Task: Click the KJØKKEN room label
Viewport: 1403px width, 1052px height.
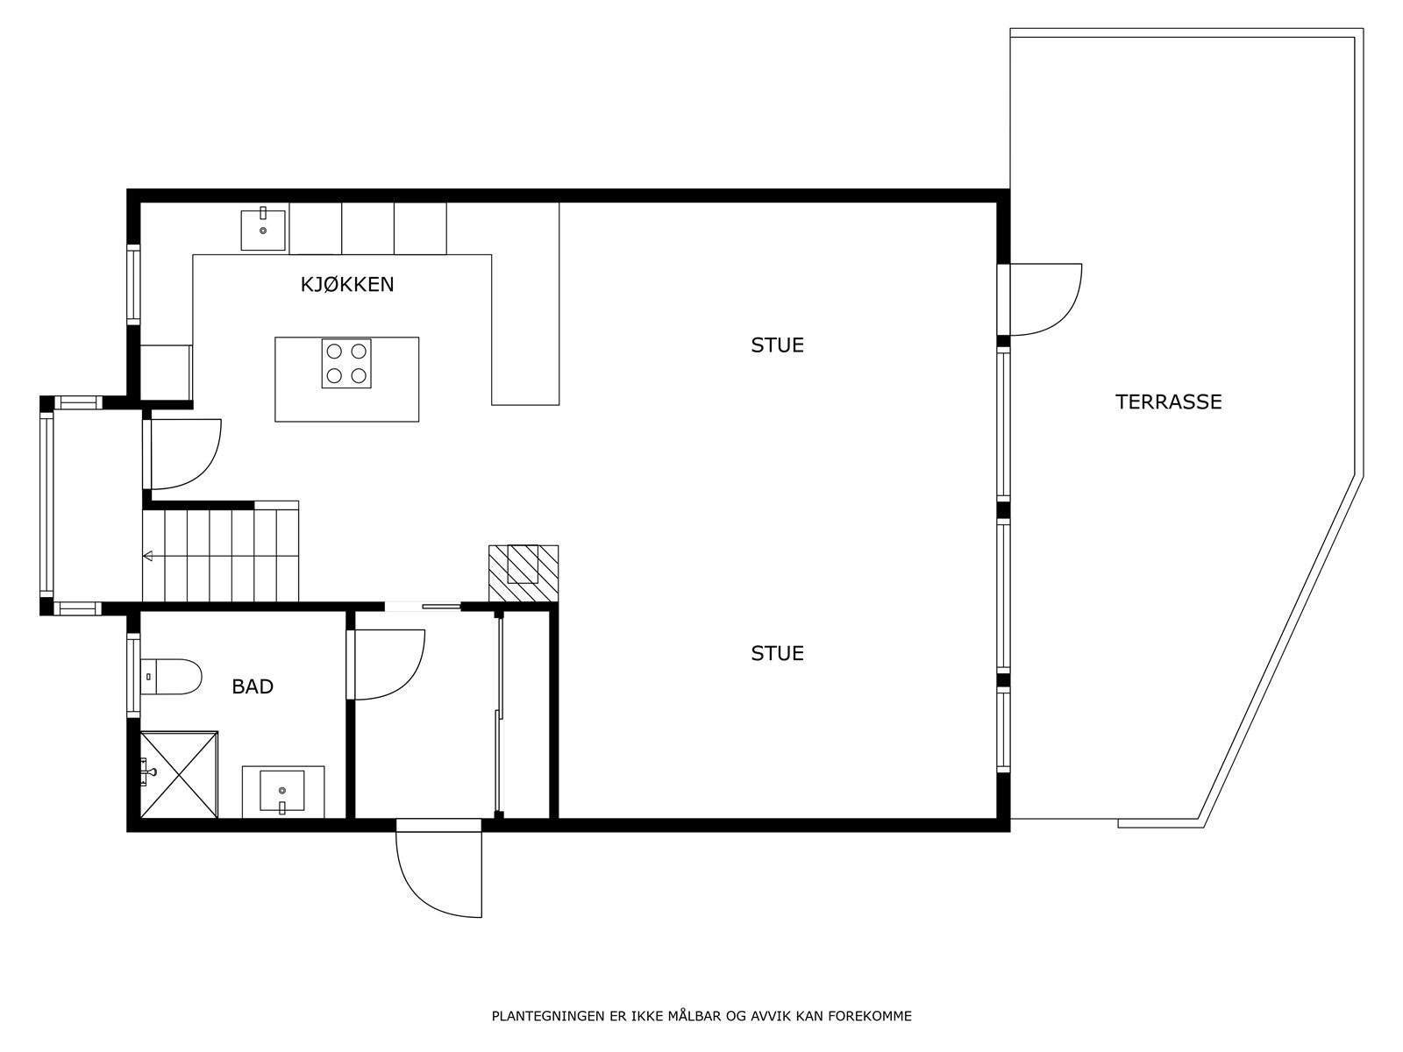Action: coord(347,284)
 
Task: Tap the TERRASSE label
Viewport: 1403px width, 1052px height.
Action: coord(1168,402)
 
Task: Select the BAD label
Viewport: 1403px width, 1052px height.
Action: coord(253,686)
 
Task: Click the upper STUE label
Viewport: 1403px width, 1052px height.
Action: coord(777,345)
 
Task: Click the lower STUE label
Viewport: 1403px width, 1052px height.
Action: coord(777,654)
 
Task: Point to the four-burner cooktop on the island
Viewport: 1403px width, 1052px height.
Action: coord(346,363)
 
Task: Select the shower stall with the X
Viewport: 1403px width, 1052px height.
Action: coord(179,775)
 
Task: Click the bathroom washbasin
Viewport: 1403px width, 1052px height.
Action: coord(281,791)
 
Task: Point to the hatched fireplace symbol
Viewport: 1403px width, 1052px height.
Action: coord(523,573)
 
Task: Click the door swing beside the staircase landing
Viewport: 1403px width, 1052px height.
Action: coord(184,454)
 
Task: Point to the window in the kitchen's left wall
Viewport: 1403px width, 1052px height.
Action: coord(133,285)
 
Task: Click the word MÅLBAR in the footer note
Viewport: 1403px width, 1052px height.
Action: coord(694,1017)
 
